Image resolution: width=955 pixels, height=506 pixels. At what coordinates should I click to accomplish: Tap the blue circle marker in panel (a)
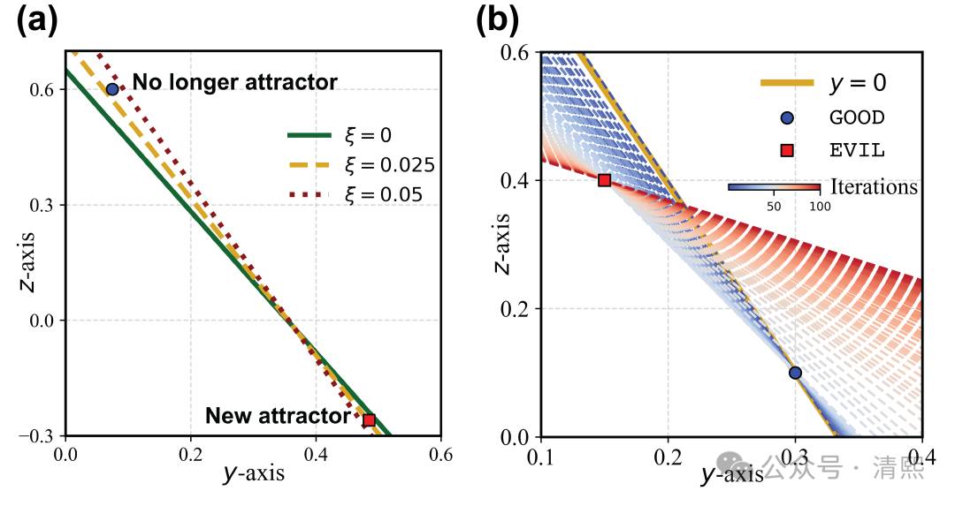(112, 89)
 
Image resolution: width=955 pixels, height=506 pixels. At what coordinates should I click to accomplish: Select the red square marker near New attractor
(369, 420)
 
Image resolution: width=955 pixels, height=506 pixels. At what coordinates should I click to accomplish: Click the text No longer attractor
(234, 83)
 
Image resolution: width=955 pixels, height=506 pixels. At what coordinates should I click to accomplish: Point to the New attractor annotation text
(278, 415)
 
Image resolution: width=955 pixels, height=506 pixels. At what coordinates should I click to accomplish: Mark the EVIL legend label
(856, 150)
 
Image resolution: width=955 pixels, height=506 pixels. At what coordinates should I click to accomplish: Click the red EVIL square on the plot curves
(605, 180)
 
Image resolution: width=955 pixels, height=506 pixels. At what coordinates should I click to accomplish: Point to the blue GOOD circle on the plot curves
(795, 373)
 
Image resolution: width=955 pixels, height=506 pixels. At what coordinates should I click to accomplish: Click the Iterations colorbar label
(874, 187)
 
